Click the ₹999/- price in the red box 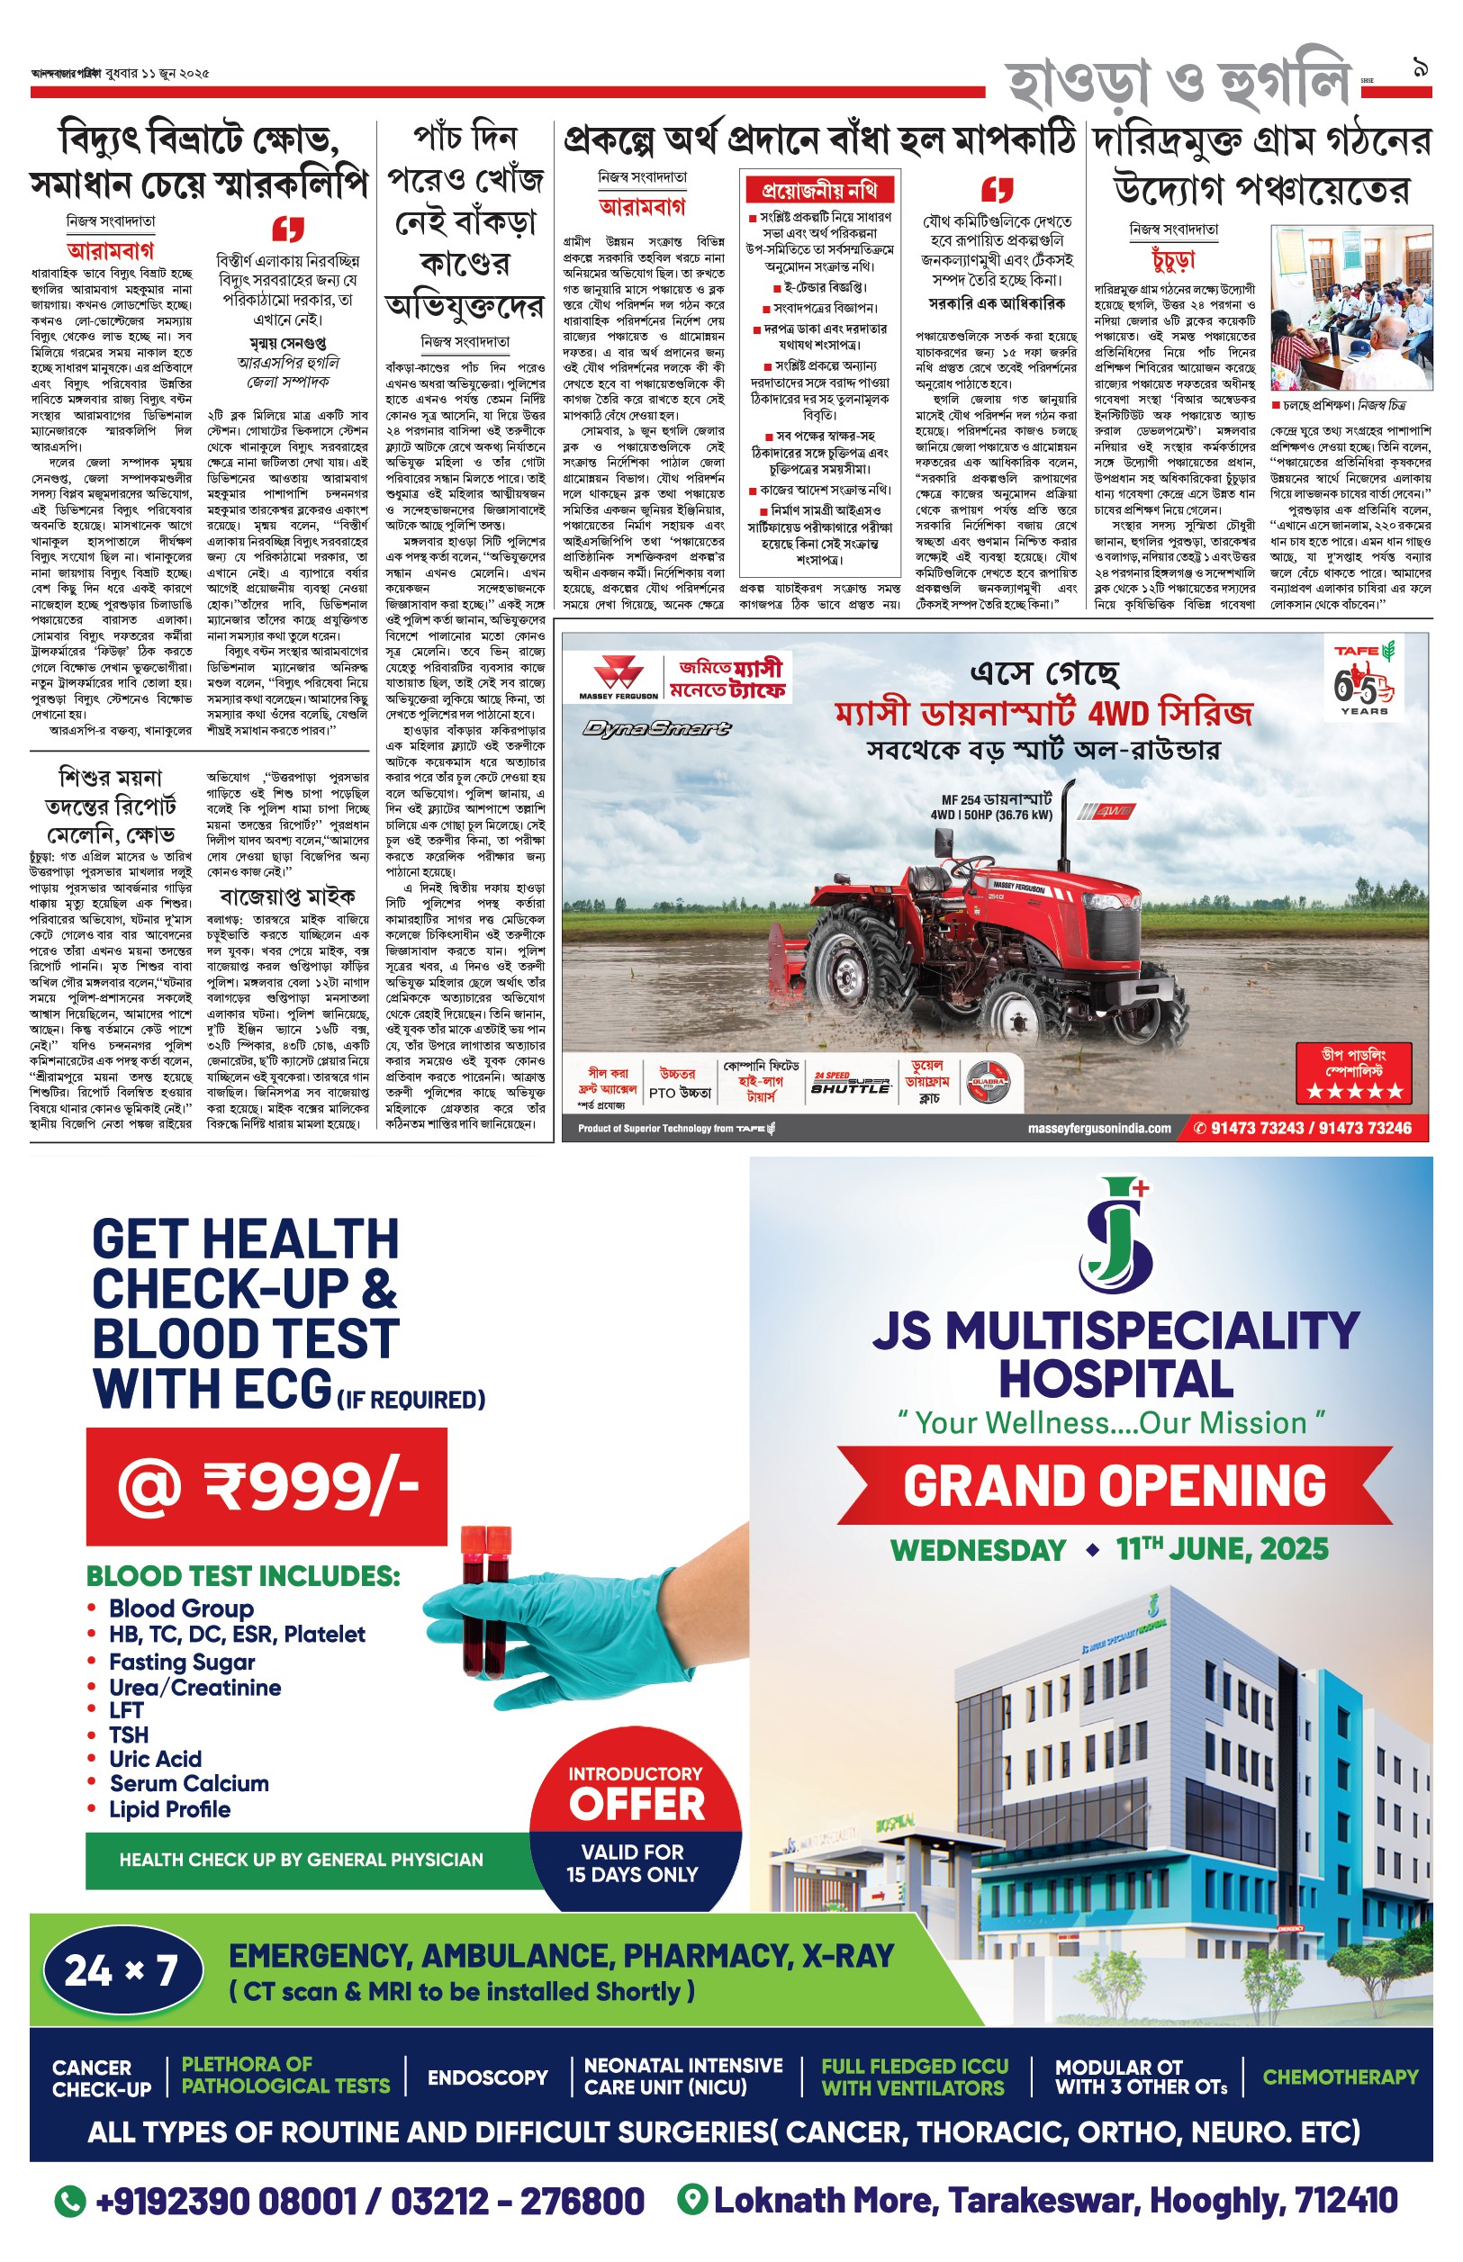[267, 1487]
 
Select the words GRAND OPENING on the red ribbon [1115, 1485]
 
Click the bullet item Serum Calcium [189, 1783]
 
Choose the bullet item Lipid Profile [169, 1809]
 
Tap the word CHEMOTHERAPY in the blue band [1340, 2077]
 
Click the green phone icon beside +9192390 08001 [70, 2200]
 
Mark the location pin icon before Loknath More [694, 2199]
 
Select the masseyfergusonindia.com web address [1099, 1128]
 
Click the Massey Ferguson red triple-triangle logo [619, 677]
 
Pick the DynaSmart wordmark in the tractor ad [657, 728]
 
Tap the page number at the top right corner [1422, 69]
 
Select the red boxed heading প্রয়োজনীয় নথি [819, 190]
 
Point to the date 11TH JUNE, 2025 [1222, 1549]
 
